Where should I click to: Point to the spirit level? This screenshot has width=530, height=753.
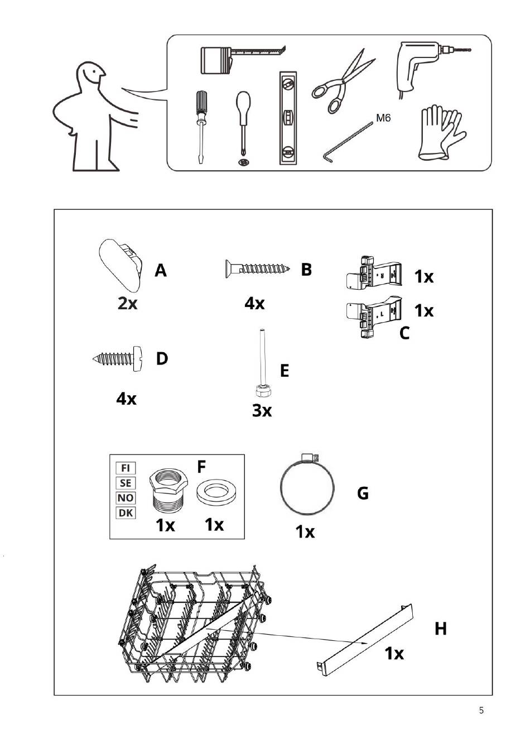288,118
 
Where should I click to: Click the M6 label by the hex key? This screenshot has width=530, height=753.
383,118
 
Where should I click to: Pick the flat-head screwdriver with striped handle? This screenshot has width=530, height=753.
201,127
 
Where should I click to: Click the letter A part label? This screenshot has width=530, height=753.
161,270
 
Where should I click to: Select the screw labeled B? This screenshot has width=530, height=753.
257,268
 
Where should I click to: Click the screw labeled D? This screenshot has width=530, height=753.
118,358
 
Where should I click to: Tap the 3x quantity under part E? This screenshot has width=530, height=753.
262,410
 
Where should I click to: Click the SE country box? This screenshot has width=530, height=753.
126,483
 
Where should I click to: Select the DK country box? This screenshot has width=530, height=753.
126,513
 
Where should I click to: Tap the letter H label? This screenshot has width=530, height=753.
441,629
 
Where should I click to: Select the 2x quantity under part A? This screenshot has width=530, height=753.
128,304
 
